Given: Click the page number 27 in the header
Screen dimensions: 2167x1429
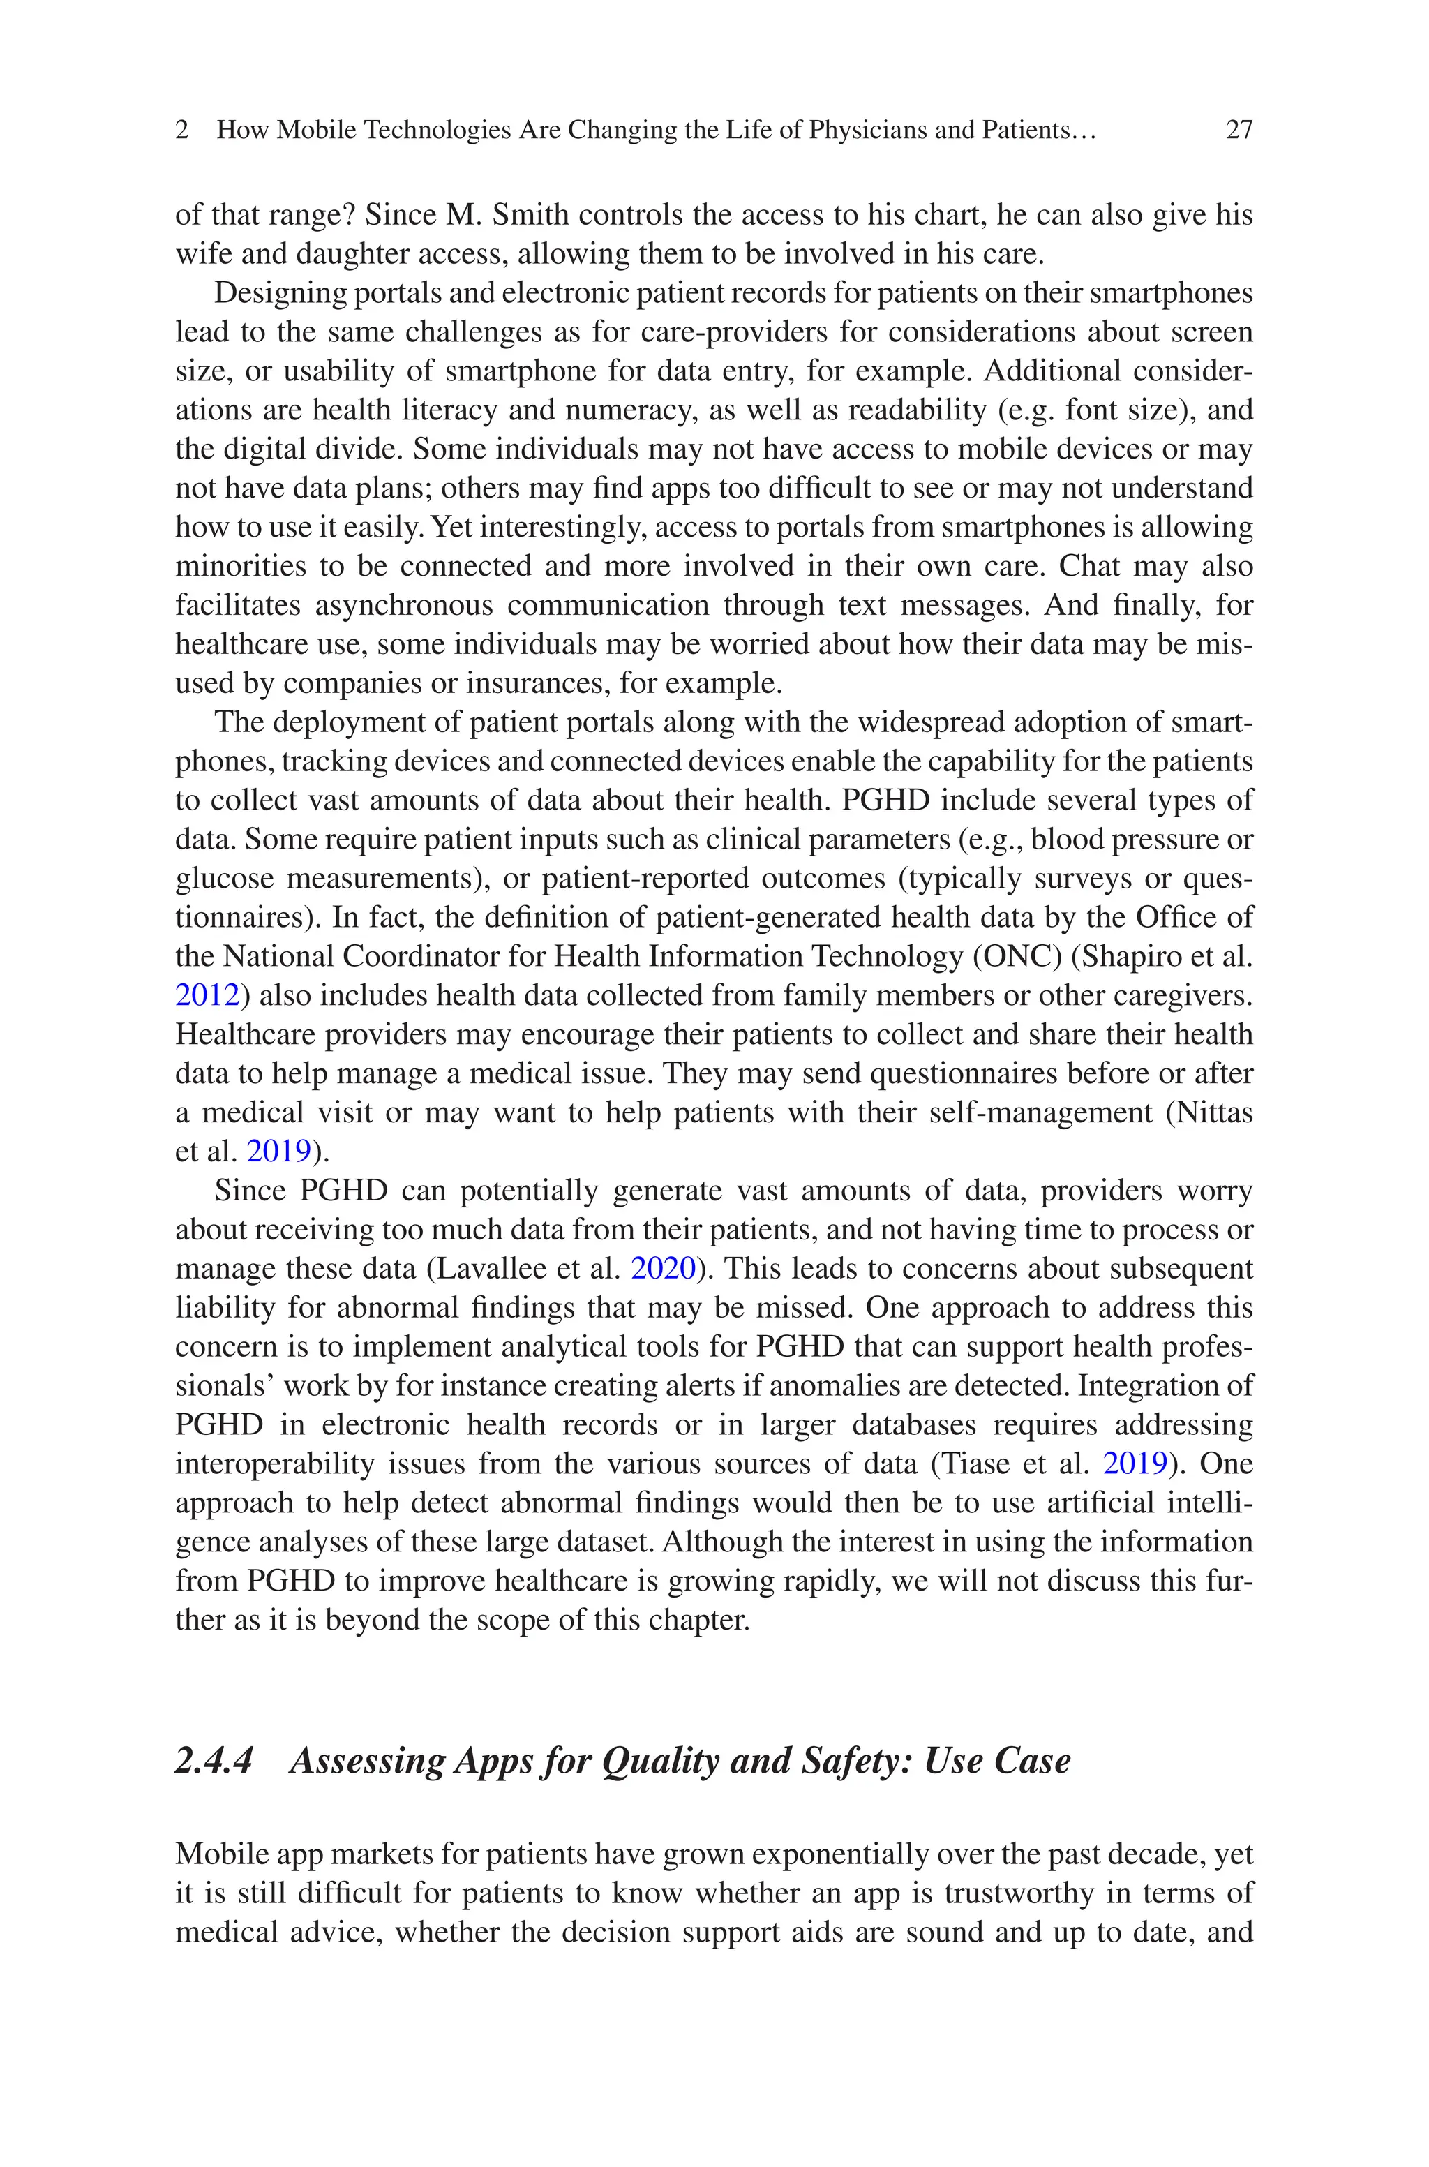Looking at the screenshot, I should coord(1239,131).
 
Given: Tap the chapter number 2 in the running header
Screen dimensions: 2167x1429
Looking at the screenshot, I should coord(182,131).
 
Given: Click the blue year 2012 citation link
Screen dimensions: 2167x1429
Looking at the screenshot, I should coord(206,995).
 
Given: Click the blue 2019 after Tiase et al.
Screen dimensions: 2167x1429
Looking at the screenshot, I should coord(1135,1464).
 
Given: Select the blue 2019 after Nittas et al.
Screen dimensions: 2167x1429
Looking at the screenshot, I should coord(279,1151).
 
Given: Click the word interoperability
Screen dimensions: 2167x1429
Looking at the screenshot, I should coord(274,1464).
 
